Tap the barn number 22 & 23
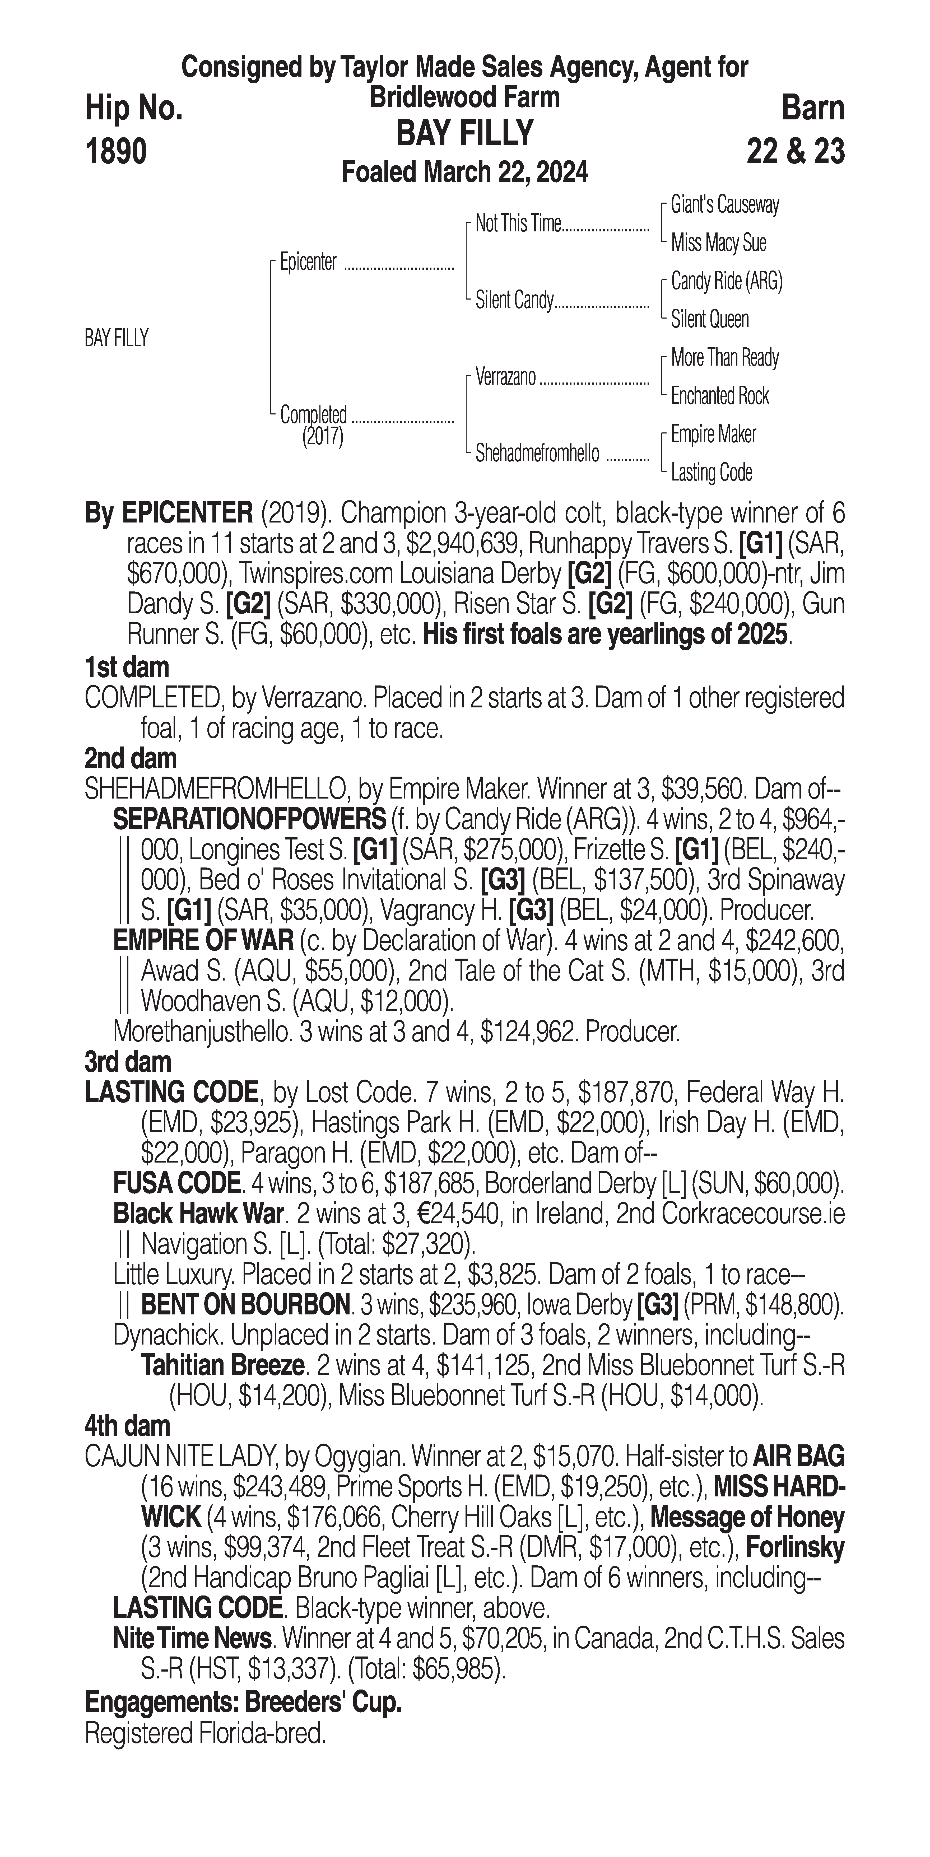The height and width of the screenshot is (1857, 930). coord(795,152)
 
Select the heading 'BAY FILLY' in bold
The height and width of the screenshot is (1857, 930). coord(465,133)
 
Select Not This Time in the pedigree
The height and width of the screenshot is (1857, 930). coord(518,224)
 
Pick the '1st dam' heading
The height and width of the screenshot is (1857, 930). coord(127,668)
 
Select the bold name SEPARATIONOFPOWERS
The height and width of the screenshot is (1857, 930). coord(249,820)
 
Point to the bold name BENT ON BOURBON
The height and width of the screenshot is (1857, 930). coord(245,1305)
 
